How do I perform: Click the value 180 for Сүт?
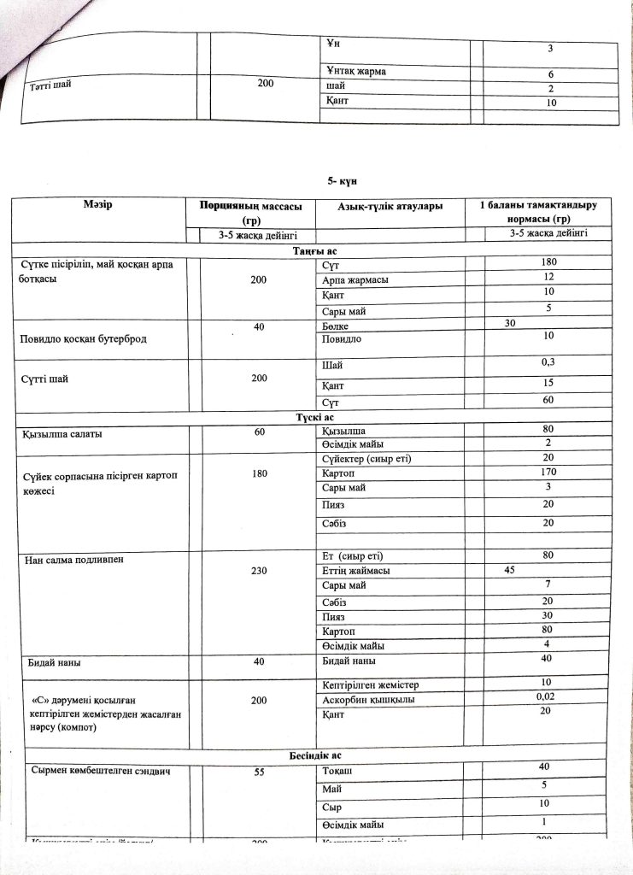550,261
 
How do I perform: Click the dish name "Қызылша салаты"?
62,434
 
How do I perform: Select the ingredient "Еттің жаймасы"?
355,571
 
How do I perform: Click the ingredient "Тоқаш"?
339,771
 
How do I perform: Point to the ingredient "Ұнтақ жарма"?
355,71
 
